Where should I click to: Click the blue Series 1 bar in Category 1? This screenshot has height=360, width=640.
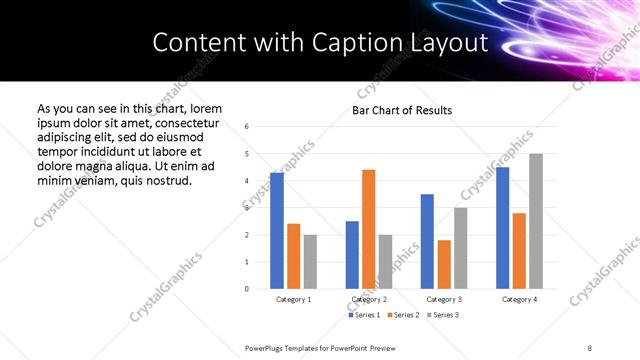277,230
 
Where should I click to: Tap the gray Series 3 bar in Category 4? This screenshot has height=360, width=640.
536,221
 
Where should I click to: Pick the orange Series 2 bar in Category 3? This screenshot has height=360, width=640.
444,264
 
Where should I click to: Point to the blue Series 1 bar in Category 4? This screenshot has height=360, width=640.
502,228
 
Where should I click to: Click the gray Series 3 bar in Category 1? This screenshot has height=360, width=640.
310,261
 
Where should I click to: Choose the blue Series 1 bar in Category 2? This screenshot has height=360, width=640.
352,254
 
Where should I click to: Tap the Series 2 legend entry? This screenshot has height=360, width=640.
402,315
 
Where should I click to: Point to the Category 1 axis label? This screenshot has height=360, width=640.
294,299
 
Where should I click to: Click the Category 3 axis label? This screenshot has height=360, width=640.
444,299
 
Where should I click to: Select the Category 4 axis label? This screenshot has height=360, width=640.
519,299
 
